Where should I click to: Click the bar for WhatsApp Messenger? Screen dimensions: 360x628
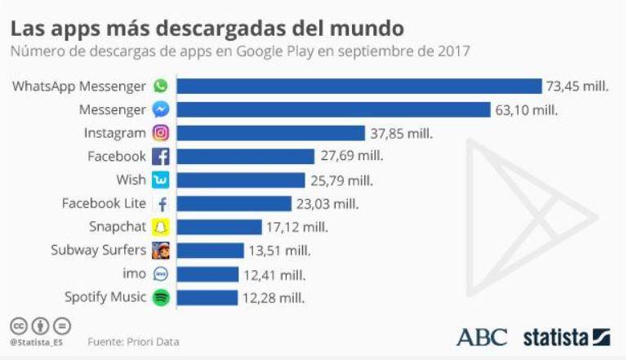(x=359, y=86)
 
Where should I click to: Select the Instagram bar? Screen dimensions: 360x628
(x=271, y=133)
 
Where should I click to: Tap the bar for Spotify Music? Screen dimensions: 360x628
(x=207, y=298)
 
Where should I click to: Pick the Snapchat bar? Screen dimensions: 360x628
(x=220, y=227)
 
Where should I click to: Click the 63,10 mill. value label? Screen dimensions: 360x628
(x=527, y=109)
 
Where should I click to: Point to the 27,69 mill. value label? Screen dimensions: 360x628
(x=351, y=156)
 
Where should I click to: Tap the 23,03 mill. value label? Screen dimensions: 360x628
(x=327, y=203)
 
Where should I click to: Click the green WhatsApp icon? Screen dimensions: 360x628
(x=161, y=86)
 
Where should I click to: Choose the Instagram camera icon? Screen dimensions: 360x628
(x=161, y=133)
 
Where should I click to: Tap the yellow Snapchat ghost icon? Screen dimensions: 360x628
(x=161, y=227)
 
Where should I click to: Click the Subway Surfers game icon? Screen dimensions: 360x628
(x=161, y=251)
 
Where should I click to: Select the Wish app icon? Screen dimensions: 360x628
(x=161, y=180)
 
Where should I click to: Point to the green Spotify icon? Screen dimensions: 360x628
(x=161, y=298)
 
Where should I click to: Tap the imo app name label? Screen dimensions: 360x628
(x=134, y=274)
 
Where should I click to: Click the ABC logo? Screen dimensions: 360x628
(x=481, y=336)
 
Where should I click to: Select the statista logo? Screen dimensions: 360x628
(x=566, y=336)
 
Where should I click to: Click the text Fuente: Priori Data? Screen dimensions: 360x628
(x=133, y=342)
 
